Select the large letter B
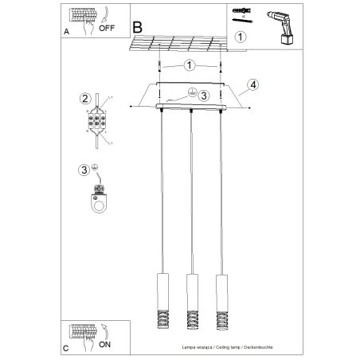[139, 27]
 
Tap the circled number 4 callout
[251, 84]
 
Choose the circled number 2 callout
[84, 99]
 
